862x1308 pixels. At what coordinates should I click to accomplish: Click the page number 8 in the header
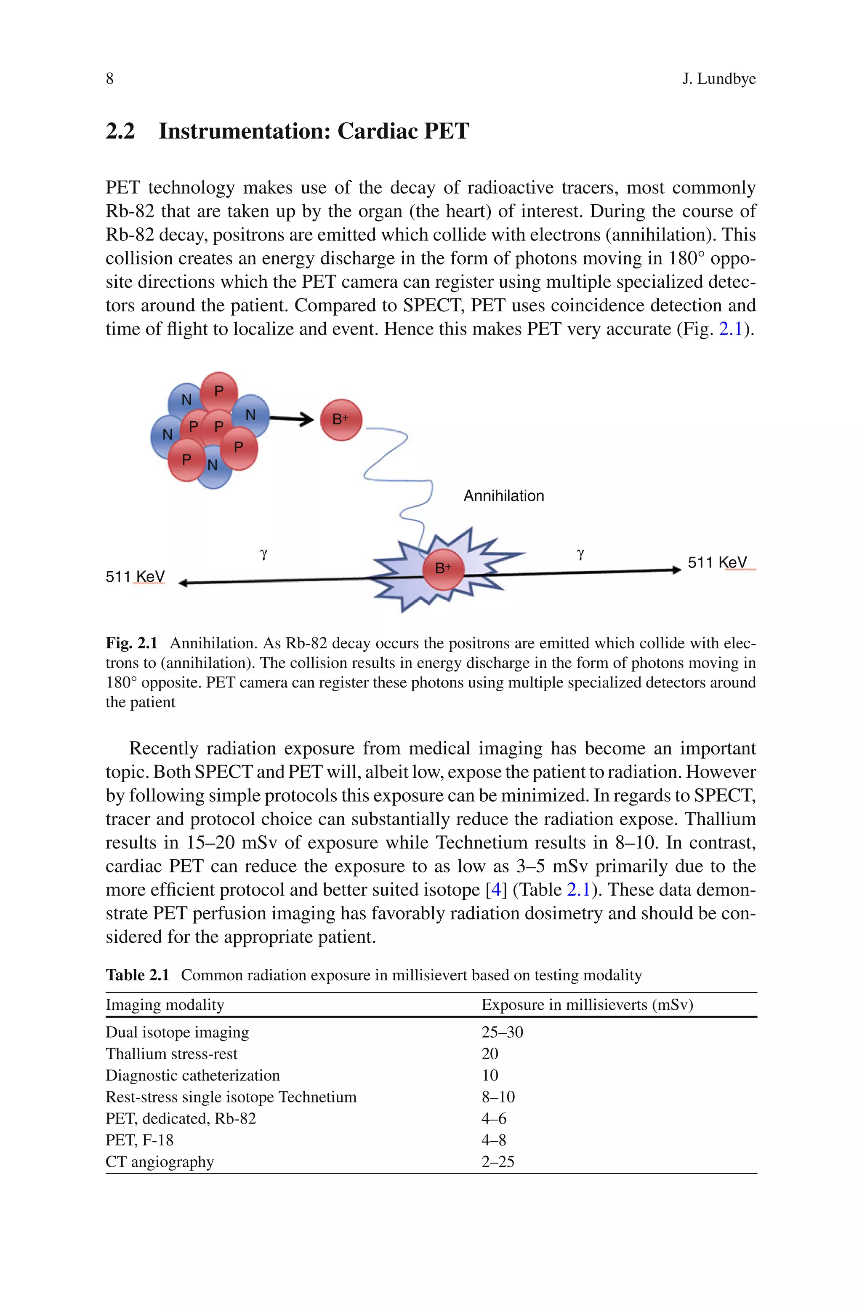tap(109, 79)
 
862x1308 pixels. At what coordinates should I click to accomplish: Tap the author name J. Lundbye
tap(718, 79)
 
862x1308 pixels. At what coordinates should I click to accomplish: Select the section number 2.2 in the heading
tap(120, 131)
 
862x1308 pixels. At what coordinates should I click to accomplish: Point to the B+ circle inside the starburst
tap(443, 569)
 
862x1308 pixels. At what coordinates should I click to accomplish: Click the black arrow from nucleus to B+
tap(291, 419)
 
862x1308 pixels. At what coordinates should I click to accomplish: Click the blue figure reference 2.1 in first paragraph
tap(731, 329)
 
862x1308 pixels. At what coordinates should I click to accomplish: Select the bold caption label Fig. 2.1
tap(131, 643)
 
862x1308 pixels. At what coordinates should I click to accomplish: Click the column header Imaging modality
tap(165, 1005)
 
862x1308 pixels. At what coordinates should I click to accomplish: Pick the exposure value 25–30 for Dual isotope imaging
tap(502, 1032)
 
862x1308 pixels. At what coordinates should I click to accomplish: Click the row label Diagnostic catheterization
tap(192, 1075)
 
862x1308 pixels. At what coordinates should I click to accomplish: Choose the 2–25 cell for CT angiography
tap(498, 1162)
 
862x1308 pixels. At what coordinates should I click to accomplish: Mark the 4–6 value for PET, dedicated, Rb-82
tap(494, 1118)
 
